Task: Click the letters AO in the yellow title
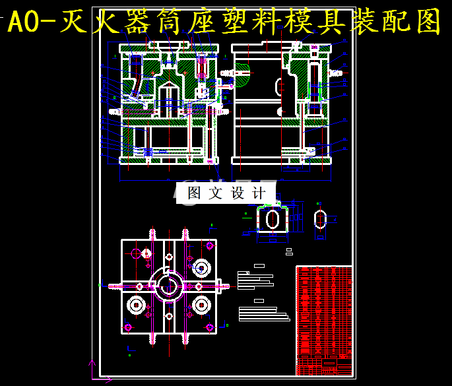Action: click(x=24, y=23)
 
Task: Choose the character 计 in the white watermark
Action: click(x=259, y=193)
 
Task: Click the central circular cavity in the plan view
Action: click(x=169, y=286)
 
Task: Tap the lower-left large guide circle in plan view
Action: click(x=137, y=305)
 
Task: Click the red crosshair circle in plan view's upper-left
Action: click(x=137, y=253)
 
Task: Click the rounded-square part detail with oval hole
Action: click(x=272, y=220)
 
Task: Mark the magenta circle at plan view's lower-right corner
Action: click(x=209, y=327)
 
